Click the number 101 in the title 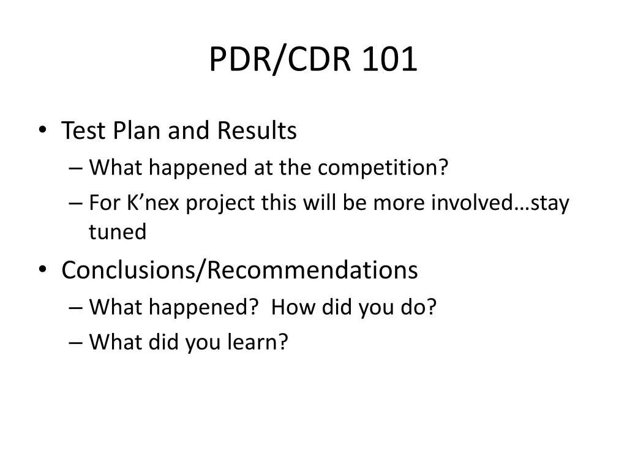tap(390, 59)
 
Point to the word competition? tap(383, 167)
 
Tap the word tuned tap(118, 232)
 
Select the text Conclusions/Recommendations tap(239, 270)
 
